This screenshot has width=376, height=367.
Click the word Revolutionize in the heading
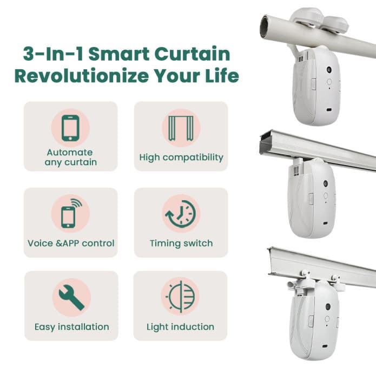(x=82, y=76)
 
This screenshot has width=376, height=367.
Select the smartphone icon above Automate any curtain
(x=70, y=128)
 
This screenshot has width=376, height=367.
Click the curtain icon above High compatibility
(x=181, y=128)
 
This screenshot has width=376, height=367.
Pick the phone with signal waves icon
(x=71, y=213)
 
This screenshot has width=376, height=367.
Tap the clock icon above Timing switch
(x=181, y=213)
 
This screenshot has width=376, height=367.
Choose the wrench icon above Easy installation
(x=71, y=297)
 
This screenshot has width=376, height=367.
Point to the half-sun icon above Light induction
(x=181, y=297)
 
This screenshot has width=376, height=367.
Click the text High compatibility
(x=181, y=158)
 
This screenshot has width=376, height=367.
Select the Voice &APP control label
(x=71, y=243)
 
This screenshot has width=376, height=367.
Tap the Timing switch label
(x=181, y=243)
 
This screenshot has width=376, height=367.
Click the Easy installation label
(x=72, y=327)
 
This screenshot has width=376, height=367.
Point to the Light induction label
(x=180, y=327)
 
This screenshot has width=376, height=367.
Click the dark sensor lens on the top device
(x=329, y=69)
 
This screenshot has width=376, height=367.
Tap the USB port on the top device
(x=329, y=110)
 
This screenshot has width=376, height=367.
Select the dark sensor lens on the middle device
(x=325, y=183)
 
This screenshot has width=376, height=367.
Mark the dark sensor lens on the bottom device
(x=328, y=307)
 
